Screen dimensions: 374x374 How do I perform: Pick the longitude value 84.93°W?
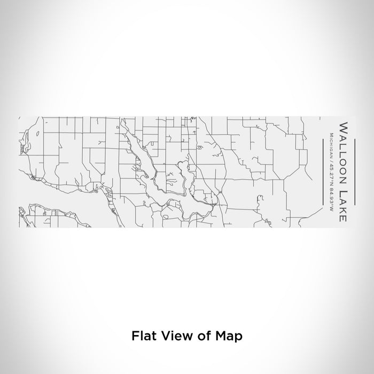coord(331,199)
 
